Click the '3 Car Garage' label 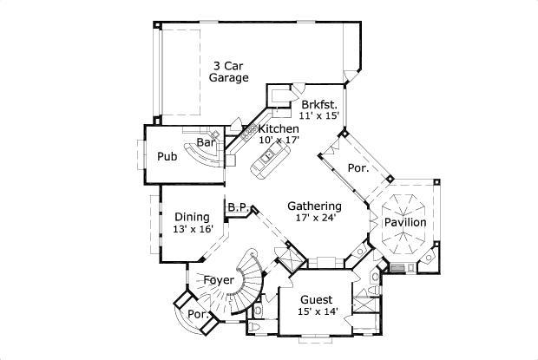pos(228,70)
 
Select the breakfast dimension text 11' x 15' pos(318,115)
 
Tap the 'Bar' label pos(206,142)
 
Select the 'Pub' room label pos(167,157)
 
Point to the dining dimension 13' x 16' pos(193,229)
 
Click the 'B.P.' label pos(239,207)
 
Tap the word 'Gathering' pos(314,206)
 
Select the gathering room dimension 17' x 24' pos(314,218)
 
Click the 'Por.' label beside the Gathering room pos(358,168)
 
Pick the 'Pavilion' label pos(404,223)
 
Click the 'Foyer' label pos(219,280)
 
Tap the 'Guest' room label pos(317,299)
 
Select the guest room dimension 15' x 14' pos(317,311)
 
